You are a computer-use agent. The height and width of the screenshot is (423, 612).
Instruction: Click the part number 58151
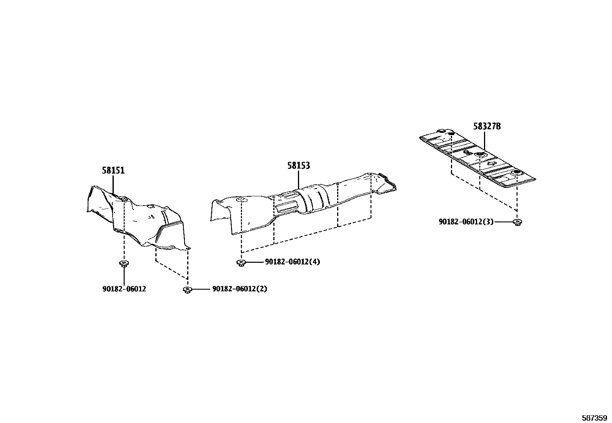tap(113, 171)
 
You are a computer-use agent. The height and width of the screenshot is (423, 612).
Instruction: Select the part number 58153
tap(299, 166)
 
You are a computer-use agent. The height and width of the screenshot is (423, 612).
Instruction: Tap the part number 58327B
tap(487, 126)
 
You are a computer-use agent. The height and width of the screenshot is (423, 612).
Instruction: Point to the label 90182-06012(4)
tap(292, 262)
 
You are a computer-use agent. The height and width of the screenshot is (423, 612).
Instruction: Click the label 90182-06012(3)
tap(466, 222)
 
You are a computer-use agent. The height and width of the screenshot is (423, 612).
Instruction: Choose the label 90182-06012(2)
tap(239, 289)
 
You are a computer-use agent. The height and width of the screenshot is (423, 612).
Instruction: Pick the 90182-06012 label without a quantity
tap(124, 289)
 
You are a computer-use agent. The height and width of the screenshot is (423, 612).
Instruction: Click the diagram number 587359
tap(594, 418)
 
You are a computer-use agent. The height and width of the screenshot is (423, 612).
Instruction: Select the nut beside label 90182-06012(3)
tap(517, 222)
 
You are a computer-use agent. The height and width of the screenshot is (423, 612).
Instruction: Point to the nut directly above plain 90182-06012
tap(124, 264)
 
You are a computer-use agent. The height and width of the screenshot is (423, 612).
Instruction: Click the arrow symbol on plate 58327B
tap(492, 164)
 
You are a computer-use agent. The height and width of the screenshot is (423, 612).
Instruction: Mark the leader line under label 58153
tap(298, 179)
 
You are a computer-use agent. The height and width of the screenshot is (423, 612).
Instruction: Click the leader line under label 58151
tap(113, 184)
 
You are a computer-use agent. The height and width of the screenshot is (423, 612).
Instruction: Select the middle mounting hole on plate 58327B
tap(479, 155)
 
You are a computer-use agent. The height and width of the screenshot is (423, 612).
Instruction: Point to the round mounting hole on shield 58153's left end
tap(241, 199)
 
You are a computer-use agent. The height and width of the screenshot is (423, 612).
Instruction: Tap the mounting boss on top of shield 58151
tap(124, 198)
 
